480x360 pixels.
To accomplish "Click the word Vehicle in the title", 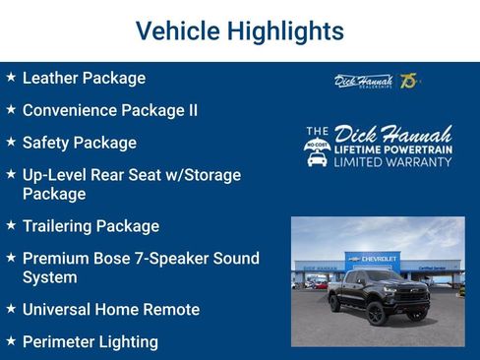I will coord(174,31).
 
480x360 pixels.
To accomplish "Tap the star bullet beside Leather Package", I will coord(10,77).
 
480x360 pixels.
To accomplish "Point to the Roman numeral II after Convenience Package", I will coord(191,110).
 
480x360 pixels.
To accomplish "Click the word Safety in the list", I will coord(45,143).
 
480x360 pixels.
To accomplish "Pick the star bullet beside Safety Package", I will coord(10,142).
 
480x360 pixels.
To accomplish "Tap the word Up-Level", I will coord(56,175).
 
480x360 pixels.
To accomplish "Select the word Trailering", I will coord(61,226).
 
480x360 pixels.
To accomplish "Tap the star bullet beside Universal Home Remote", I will coord(10,309).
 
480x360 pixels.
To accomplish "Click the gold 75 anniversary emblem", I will coord(409,80).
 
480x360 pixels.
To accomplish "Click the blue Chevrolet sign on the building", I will coord(377,257).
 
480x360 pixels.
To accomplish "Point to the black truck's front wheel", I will coord(375,313).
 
